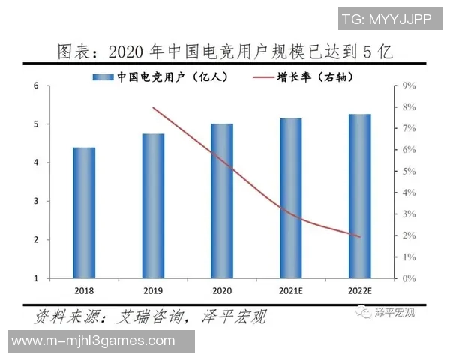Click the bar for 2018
pyautogui.click(x=84, y=213)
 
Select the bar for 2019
pyautogui.click(x=153, y=206)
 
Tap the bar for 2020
pyautogui.click(x=221, y=201)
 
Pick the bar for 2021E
pyautogui.click(x=290, y=198)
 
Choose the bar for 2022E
pyautogui.click(x=359, y=196)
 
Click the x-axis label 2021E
pyautogui.click(x=290, y=291)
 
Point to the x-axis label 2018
pyautogui.click(x=84, y=291)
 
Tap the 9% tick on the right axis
pyautogui.click(x=409, y=86)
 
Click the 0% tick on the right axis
pyautogui.click(x=409, y=278)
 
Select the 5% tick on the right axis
pyautogui.click(x=409, y=172)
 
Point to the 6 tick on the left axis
pyautogui.click(x=36, y=86)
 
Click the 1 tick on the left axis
pyautogui.click(x=36, y=278)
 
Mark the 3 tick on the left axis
pyautogui.click(x=36, y=201)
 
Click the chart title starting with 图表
pyautogui.click(x=225, y=52)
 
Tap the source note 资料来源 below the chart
pyautogui.click(x=150, y=316)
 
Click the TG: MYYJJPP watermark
pyautogui.click(x=386, y=18)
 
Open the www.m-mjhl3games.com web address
pyautogui.click(x=97, y=341)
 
